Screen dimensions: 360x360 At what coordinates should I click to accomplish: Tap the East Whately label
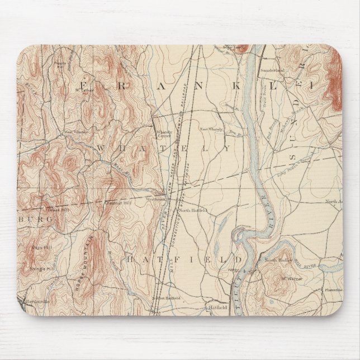[x=211, y=129]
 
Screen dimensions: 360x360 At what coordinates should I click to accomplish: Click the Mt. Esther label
[x=83, y=90]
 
